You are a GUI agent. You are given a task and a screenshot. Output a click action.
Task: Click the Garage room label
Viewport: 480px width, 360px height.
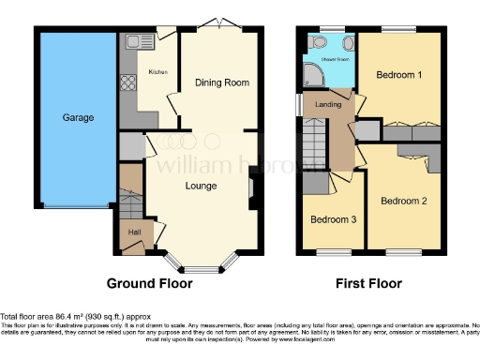point(77,119)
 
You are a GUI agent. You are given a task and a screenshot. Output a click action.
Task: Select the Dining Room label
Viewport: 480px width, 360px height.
point(222,82)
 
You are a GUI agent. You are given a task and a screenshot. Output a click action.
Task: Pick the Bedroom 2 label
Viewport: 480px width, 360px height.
point(403,201)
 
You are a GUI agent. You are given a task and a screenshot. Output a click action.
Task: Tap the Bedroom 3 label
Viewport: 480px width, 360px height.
point(334,219)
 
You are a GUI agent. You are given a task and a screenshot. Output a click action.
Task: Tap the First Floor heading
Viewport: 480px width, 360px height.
point(368,283)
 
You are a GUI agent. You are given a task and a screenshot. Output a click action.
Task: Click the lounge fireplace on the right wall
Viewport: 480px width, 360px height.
point(250,191)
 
